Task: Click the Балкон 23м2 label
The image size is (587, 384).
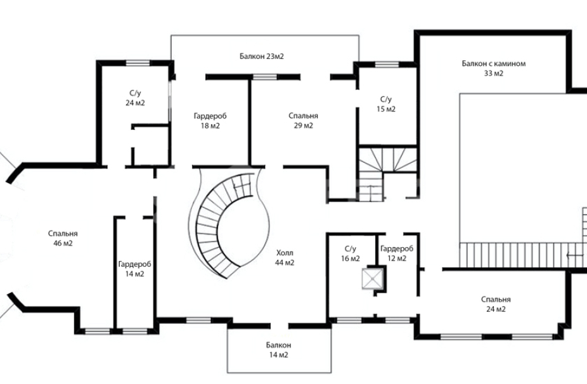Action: click(262, 56)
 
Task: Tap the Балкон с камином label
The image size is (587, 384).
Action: click(493, 63)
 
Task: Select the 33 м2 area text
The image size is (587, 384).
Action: click(494, 74)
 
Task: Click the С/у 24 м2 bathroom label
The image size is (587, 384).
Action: click(135, 98)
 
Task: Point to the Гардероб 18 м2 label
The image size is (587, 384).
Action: click(210, 121)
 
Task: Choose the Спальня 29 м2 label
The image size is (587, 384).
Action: click(303, 121)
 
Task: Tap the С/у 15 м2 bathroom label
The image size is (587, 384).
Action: click(386, 105)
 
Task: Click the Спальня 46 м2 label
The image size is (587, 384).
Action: click(63, 238)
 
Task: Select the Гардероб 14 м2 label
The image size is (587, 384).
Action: click(135, 269)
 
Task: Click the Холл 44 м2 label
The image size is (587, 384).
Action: click(285, 258)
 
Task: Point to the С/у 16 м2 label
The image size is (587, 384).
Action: click(351, 253)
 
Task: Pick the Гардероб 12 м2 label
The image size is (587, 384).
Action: click(397, 253)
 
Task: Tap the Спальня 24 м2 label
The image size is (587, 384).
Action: click(496, 304)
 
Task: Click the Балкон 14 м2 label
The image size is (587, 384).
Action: click(278, 350)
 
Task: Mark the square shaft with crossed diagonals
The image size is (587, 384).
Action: click(373, 279)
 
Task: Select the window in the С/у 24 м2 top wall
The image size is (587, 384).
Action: click(138, 63)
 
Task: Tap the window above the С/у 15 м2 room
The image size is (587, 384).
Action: click(387, 65)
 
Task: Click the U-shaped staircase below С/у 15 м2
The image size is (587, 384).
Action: click(388, 172)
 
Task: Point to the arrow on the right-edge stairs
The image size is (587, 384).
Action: click(575, 255)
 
